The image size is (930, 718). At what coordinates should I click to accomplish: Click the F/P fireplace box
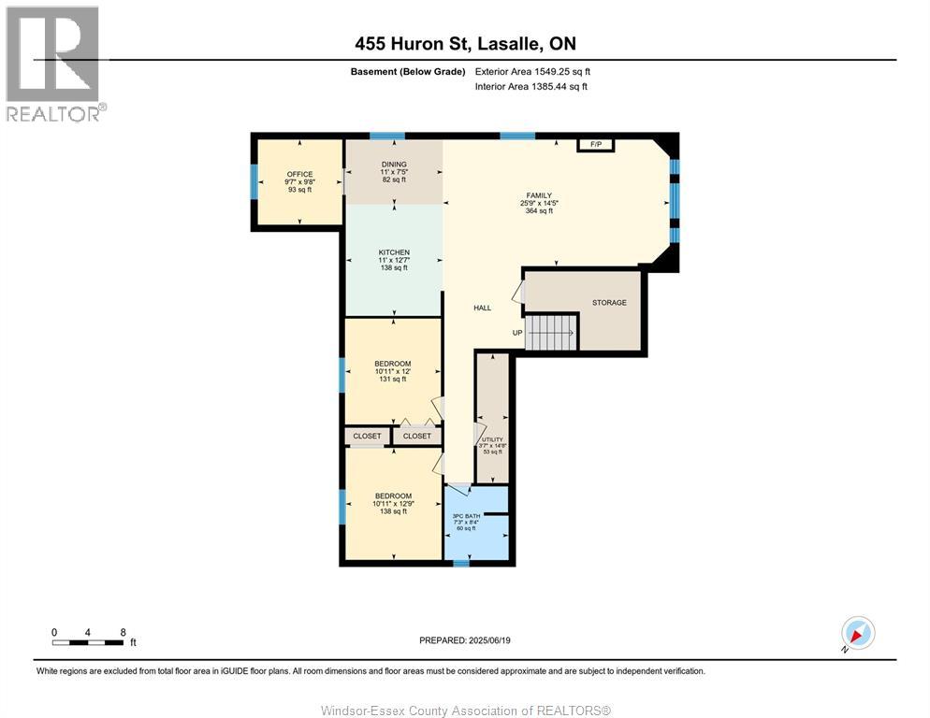pos(595,145)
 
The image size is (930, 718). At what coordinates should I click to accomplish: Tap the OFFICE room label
pos(299,174)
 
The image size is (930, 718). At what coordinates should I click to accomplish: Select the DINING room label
pos(394,165)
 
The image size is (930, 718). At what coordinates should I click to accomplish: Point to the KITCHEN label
pos(394,252)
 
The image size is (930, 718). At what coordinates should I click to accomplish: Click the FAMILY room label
pos(539,195)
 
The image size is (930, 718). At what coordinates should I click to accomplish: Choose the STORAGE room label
pos(609,302)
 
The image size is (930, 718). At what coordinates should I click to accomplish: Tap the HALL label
pos(482,308)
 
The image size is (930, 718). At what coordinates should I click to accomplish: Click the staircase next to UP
pos(551,333)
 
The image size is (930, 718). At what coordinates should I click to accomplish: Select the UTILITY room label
pos(492,440)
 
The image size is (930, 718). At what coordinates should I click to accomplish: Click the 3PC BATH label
pos(466,516)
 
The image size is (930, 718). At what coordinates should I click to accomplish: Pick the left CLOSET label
pos(367,436)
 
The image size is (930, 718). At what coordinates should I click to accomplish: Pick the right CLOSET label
pos(417,436)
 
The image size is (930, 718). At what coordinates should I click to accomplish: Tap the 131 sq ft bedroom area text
pos(393,379)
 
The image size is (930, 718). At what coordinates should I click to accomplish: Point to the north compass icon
pos(858,633)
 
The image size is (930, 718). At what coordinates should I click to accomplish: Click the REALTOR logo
pos(53,64)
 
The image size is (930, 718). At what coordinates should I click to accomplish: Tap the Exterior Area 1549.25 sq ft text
pos(532,72)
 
